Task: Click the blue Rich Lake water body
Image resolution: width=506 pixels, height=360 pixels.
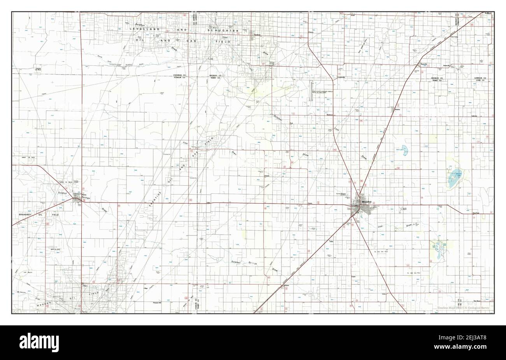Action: tap(403, 149)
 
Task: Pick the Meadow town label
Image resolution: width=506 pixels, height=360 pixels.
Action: tap(397, 110)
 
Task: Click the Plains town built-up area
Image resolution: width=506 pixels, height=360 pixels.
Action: tap(78, 199)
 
